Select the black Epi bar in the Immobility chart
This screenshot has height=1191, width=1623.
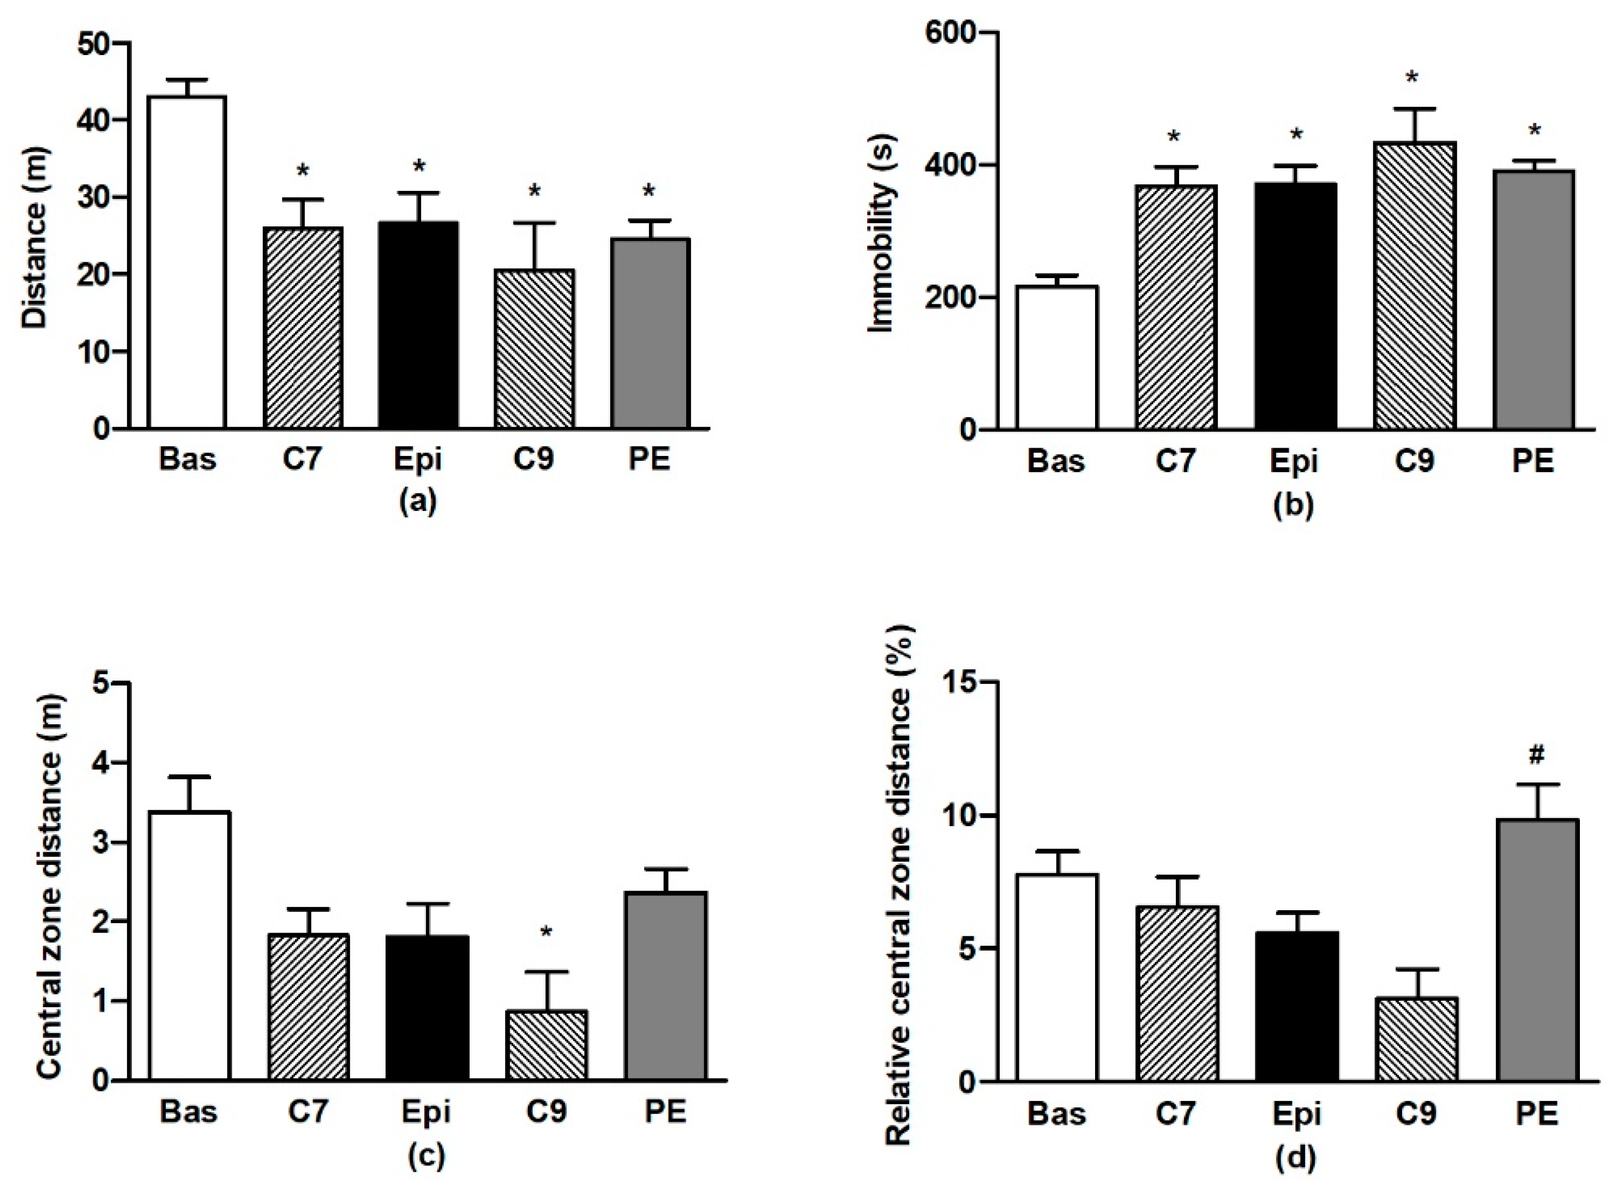click(x=1294, y=306)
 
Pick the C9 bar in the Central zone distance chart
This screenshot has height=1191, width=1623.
click(x=546, y=1045)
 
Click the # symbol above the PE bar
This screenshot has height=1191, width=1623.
click(x=1536, y=755)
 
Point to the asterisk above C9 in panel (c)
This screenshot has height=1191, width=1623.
click(x=546, y=934)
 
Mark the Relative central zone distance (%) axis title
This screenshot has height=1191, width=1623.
click(x=899, y=885)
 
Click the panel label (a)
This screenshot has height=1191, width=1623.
click(x=417, y=502)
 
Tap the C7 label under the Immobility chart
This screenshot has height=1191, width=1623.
click(x=1175, y=460)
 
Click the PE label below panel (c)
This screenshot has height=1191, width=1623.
click(x=665, y=1111)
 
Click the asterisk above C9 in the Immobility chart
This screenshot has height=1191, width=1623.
click(x=1412, y=78)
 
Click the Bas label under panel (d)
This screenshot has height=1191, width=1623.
click(x=1056, y=1114)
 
